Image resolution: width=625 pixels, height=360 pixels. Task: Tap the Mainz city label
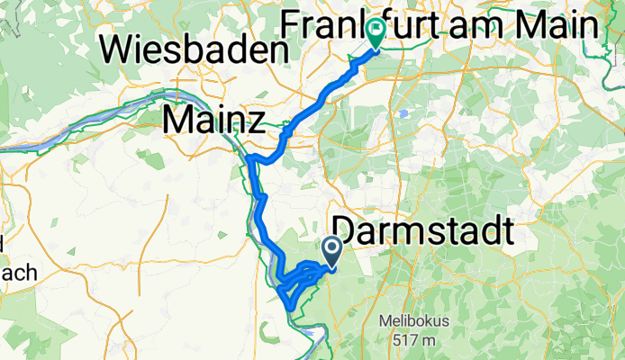213,118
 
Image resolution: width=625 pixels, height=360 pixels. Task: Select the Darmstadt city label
424,231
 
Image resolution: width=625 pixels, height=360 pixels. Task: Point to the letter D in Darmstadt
347,231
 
